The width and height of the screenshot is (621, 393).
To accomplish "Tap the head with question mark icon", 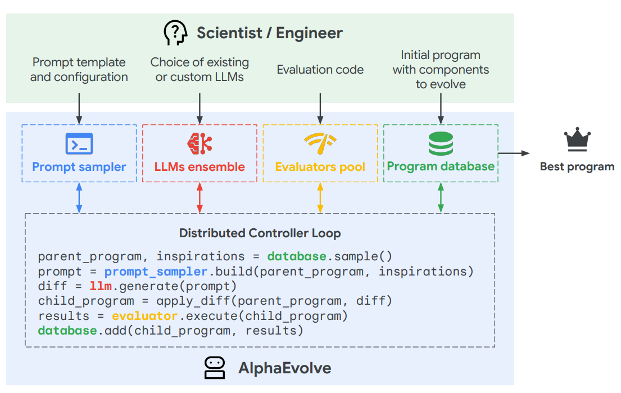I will tap(175, 33).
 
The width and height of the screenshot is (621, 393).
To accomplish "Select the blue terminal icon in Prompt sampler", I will tap(79, 144).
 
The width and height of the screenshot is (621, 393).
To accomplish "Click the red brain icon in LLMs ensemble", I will tap(200, 143).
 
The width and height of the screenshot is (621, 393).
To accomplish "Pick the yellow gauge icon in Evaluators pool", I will tap(320, 144).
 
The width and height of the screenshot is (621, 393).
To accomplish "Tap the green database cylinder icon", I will tap(441, 144).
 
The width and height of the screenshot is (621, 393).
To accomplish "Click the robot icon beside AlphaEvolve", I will tap(215, 368).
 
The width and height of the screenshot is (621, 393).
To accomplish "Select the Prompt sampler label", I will tap(79, 167).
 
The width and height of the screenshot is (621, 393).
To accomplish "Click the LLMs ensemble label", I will tap(200, 167).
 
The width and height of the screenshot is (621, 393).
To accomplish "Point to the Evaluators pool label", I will tap(320, 167).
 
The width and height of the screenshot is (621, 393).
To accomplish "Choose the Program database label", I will tap(441, 166).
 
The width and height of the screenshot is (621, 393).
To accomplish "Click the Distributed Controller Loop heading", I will tap(260, 233).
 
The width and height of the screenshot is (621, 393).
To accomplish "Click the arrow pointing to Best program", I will tap(514, 153).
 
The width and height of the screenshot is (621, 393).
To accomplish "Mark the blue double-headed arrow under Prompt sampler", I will tap(79, 197).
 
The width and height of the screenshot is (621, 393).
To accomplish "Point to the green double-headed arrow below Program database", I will tap(441, 197).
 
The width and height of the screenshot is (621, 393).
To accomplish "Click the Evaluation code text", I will tap(320, 70).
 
